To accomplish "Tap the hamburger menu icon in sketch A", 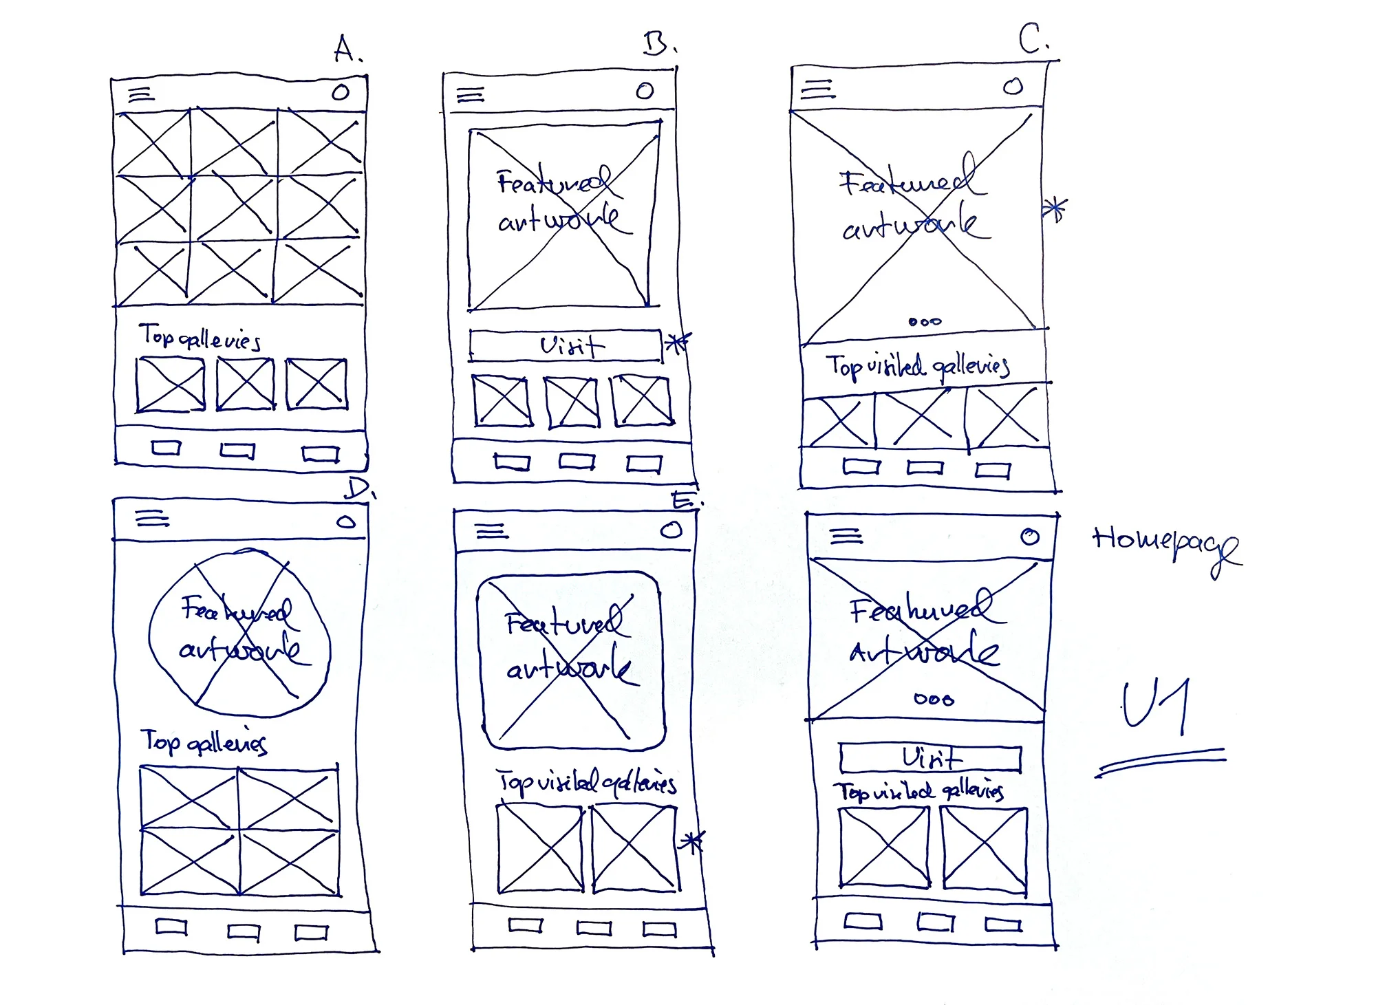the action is [141, 94].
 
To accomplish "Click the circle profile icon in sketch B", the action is [645, 91].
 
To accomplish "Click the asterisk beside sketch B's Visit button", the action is [678, 342].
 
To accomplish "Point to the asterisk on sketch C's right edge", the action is [1055, 208].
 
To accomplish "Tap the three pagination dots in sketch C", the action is [925, 321].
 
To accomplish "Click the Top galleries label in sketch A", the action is [200, 337].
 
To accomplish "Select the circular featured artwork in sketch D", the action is [239, 633].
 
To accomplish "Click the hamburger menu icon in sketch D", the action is [152, 518].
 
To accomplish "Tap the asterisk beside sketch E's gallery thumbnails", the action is [691, 841].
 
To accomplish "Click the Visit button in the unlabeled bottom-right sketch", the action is [930, 758].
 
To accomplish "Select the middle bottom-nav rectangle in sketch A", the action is [237, 451].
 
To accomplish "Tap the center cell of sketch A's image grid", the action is [234, 206].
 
